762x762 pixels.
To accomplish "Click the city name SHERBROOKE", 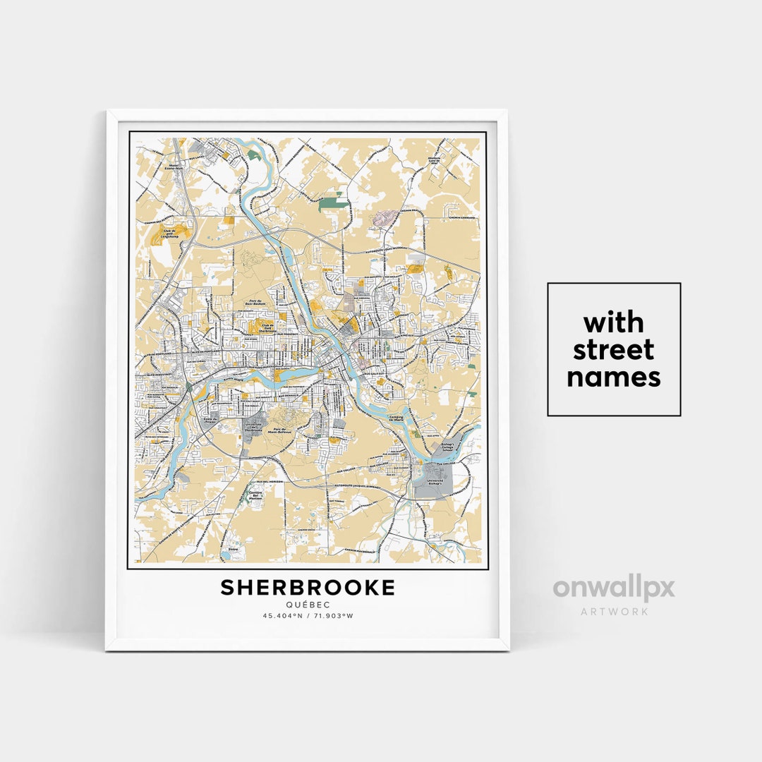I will click(x=308, y=588).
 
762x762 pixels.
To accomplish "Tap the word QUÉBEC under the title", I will click(x=308, y=604).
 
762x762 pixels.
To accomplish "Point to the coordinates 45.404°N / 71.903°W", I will click(x=308, y=615).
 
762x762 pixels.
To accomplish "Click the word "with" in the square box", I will click(x=613, y=323).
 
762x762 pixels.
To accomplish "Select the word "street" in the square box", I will click(x=613, y=350).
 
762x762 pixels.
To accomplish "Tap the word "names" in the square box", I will click(x=613, y=377).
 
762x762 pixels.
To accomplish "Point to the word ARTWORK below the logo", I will click(x=614, y=611).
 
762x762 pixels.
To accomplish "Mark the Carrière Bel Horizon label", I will click(x=255, y=495).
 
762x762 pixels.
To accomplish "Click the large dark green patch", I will click(x=333, y=204).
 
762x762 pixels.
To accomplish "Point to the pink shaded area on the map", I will click(x=385, y=219).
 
